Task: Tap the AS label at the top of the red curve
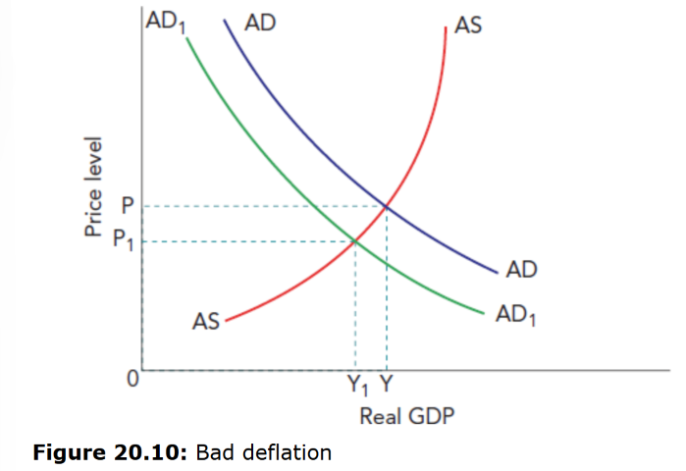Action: pos(469,26)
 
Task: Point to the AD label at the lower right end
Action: pos(522,270)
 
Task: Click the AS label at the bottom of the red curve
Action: pos(206,321)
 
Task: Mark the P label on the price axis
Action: pos(126,205)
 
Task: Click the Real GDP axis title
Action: pos(407,416)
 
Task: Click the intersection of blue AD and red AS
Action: pos(386,206)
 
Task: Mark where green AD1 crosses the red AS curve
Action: pos(354,240)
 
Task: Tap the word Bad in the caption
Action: pos(213,452)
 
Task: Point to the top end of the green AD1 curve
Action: pos(185,36)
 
